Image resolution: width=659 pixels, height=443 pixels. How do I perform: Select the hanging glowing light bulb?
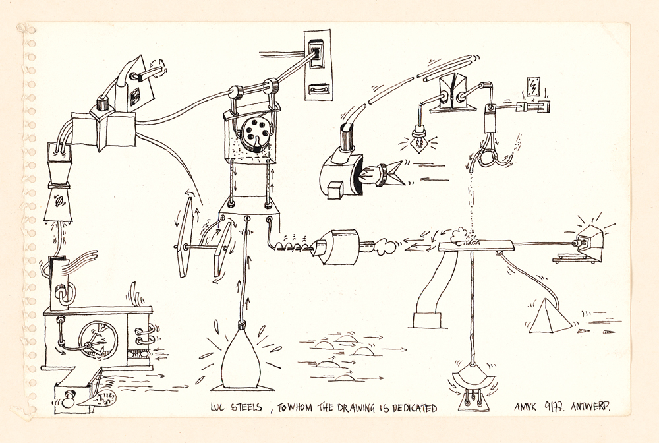click(418, 140)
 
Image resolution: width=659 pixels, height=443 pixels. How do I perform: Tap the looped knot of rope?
click(490, 159)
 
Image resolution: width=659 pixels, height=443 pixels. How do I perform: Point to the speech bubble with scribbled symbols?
click(97, 398)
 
